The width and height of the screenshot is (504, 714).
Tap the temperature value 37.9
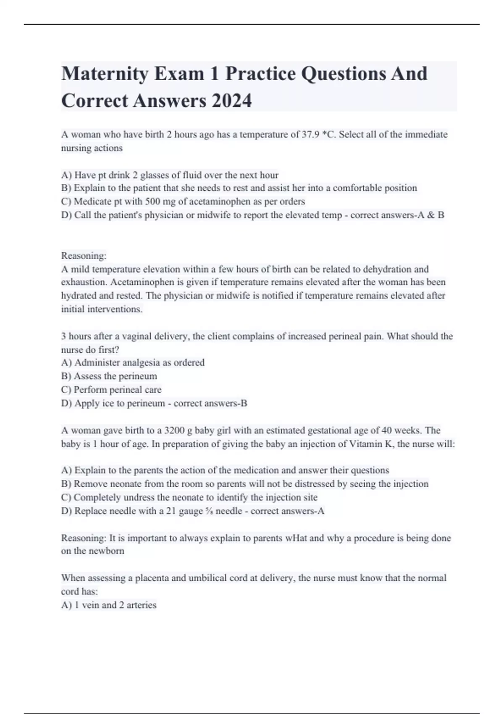311,134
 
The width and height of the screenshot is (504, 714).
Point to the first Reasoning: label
84,255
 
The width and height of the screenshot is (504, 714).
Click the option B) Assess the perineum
109,376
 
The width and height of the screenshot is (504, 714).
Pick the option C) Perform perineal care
111,389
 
